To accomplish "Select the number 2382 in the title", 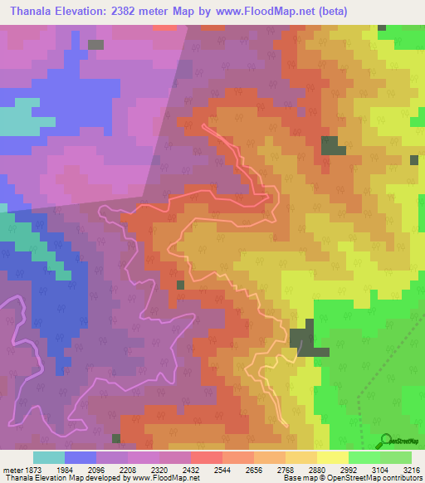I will (x=134, y=12).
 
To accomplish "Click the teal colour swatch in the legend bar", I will (x=49, y=457).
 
